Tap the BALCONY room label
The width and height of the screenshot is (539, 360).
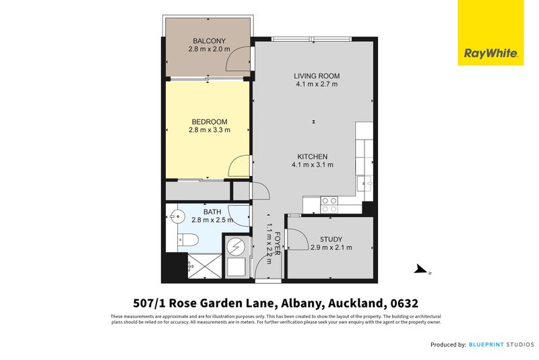point(209,40)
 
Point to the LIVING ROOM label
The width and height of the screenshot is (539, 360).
point(316,76)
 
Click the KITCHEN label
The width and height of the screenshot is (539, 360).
point(312,156)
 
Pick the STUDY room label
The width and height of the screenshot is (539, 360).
point(331,239)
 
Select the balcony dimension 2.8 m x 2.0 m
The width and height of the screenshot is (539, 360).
point(209,49)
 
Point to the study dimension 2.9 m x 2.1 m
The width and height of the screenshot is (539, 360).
point(331,248)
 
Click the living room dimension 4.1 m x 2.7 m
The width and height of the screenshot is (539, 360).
point(316,84)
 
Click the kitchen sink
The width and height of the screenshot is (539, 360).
point(364,181)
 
